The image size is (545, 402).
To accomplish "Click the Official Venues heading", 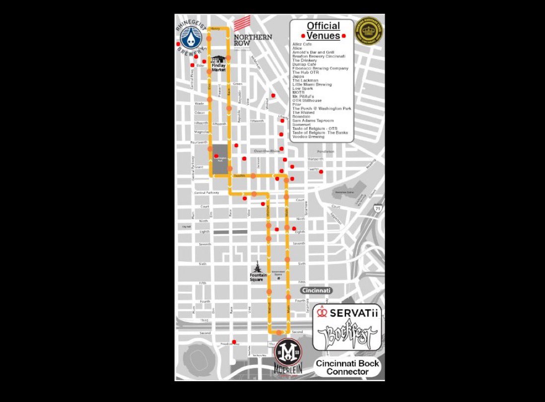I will (x=323, y=30).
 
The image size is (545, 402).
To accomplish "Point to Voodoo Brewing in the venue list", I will (x=308, y=137).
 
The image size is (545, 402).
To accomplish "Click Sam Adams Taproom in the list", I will (x=313, y=120).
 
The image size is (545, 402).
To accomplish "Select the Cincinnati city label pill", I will (x=316, y=291).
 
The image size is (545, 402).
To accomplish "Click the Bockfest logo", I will (x=347, y=336).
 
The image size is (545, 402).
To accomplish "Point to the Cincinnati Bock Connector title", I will (x=348, y=367).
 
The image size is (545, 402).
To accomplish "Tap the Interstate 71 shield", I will (x=378, y=210).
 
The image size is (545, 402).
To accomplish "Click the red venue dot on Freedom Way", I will (x=234, y=341).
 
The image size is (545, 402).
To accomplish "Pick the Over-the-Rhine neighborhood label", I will (x=267, y=151).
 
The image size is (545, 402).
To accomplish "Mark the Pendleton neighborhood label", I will (x=326, y=151).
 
